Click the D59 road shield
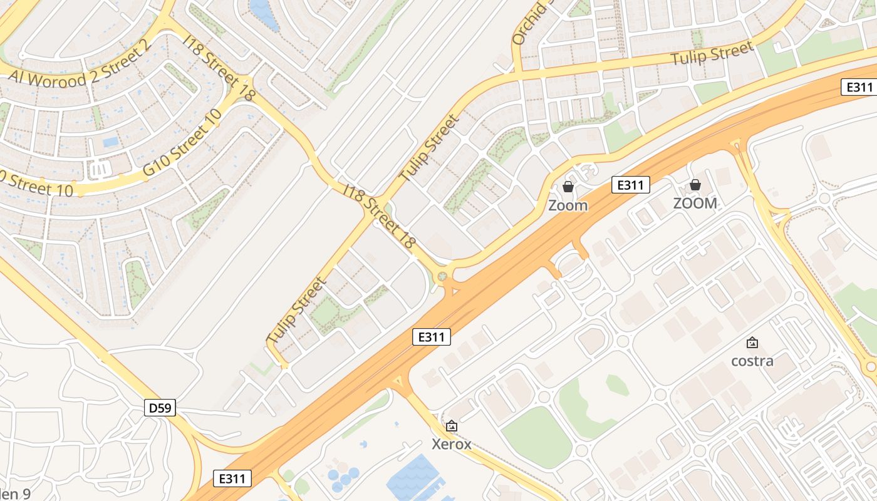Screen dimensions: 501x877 [160, 408]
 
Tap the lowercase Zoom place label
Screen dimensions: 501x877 [568, 205]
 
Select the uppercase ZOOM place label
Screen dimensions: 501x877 [695, 204]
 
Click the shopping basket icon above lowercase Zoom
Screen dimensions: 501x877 [568, 187]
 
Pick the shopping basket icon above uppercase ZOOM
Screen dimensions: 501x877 [695, 185]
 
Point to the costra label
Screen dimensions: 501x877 [752, 361]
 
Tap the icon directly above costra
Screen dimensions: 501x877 [752, 343]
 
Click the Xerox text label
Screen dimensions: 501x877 [452, 445]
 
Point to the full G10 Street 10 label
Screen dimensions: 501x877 [182, 143]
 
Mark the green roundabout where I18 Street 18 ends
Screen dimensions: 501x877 [444, 276]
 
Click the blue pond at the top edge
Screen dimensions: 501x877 [264, 13]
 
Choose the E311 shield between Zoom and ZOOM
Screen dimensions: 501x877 [631, 185]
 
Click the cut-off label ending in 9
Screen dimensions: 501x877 [15, 493]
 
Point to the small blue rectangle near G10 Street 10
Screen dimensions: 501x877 [111, 142]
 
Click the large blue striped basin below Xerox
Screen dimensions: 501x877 [417, 479]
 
